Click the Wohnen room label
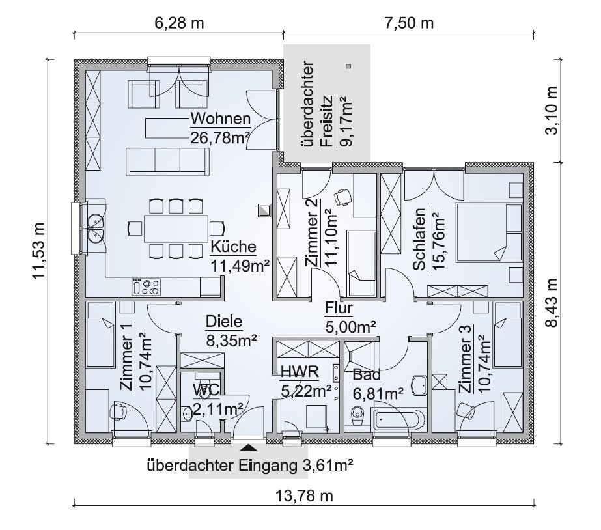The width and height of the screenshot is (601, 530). pos(221,119)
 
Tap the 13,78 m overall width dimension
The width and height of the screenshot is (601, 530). pos(304,496)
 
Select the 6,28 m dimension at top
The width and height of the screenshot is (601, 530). pos(179,23)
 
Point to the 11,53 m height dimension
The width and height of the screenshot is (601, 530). pos(39,251)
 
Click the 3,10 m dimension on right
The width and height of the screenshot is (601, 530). pos(552,110)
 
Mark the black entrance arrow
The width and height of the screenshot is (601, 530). pos(249,447)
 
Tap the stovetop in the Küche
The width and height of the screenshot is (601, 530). pos(146,287)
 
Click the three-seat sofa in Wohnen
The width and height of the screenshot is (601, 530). pos(167,161)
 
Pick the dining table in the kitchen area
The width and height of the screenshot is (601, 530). pos(176,229)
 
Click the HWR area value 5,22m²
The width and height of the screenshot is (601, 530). pos(306,391)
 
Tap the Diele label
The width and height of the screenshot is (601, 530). pos(224,322)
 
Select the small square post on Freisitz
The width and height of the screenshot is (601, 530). pos(348,66)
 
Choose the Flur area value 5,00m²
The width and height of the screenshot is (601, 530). pos(350,328)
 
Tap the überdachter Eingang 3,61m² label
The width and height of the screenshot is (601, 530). pos(249,466)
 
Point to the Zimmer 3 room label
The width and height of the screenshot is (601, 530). pos(465,359)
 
